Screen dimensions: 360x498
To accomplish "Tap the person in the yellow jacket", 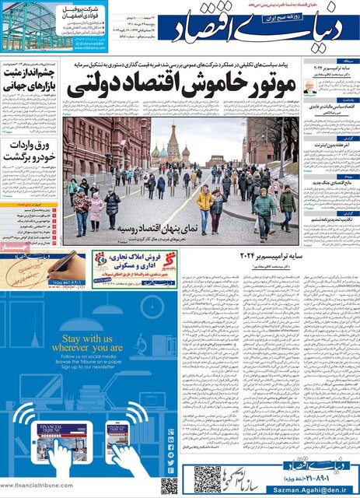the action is coord(204,207).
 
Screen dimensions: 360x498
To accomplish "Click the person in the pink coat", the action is coord(96,212).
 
